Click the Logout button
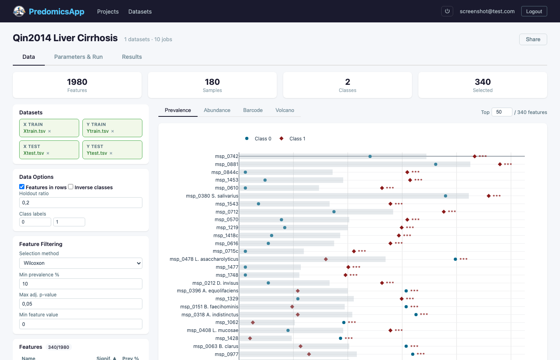pyautogui.click(x=534, y=11)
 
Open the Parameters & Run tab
pyautogui.click(x=78, y=57)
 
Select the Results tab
pyautogui.click(x=132, y=57)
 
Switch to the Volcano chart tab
pyautogui.click(x=284, y=110)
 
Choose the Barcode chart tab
pyautogui.click(x=253, y=110)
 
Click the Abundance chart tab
pyautogui.click(x=217, y=110)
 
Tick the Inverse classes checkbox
pyautogui.click(x=71, y=187)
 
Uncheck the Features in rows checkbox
pyautogui.click(x=22, y=187)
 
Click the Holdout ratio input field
pyautogui.click(x=80, y=203)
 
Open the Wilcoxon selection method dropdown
pyautogui.click(x=80, y=263)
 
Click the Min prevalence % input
pyautogui.click(x=80, y=284)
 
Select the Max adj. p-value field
pyautogui.click(x=80, y=304)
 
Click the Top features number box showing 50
pyautogui.click(x=501, y=112)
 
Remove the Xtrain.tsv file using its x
pyautogui.click(x=50, y=132)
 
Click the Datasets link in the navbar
pyautogui.click(x=140, y=12)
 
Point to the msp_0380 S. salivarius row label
pyautogui.click(x=212, y=196)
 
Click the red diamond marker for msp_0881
pyautogui.click(x=500, y=164)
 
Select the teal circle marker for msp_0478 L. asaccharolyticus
pyautogui.click(x=455, y=259)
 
